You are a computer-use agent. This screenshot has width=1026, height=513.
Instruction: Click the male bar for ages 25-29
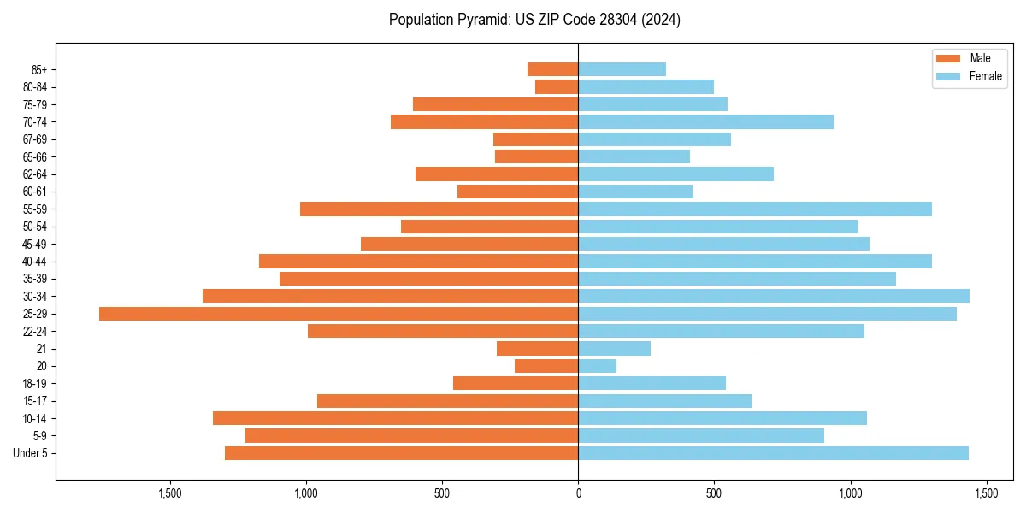339,314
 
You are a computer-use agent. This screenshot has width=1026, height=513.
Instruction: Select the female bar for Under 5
773,453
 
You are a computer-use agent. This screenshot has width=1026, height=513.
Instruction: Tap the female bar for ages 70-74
706,122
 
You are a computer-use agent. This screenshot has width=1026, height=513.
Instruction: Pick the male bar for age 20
546,366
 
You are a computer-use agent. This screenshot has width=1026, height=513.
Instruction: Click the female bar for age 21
614,349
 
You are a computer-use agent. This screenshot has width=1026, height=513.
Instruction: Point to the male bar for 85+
552,69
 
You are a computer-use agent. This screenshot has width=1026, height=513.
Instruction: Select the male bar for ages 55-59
439,209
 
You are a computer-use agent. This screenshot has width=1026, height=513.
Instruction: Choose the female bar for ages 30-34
774,297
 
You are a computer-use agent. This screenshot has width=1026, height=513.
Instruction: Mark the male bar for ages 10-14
395,418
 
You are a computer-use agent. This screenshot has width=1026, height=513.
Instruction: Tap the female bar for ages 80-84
646,87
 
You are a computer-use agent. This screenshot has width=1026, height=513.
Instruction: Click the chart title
534,20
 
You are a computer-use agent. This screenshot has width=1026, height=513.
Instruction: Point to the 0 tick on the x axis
578,493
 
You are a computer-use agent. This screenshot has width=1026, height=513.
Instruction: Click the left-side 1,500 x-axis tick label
170,493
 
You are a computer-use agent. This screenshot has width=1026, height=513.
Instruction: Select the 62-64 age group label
36,174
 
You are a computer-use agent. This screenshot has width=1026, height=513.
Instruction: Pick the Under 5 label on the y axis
31,453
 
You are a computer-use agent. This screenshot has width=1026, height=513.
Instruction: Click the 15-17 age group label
36,401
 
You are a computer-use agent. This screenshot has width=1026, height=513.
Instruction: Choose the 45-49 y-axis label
36,245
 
